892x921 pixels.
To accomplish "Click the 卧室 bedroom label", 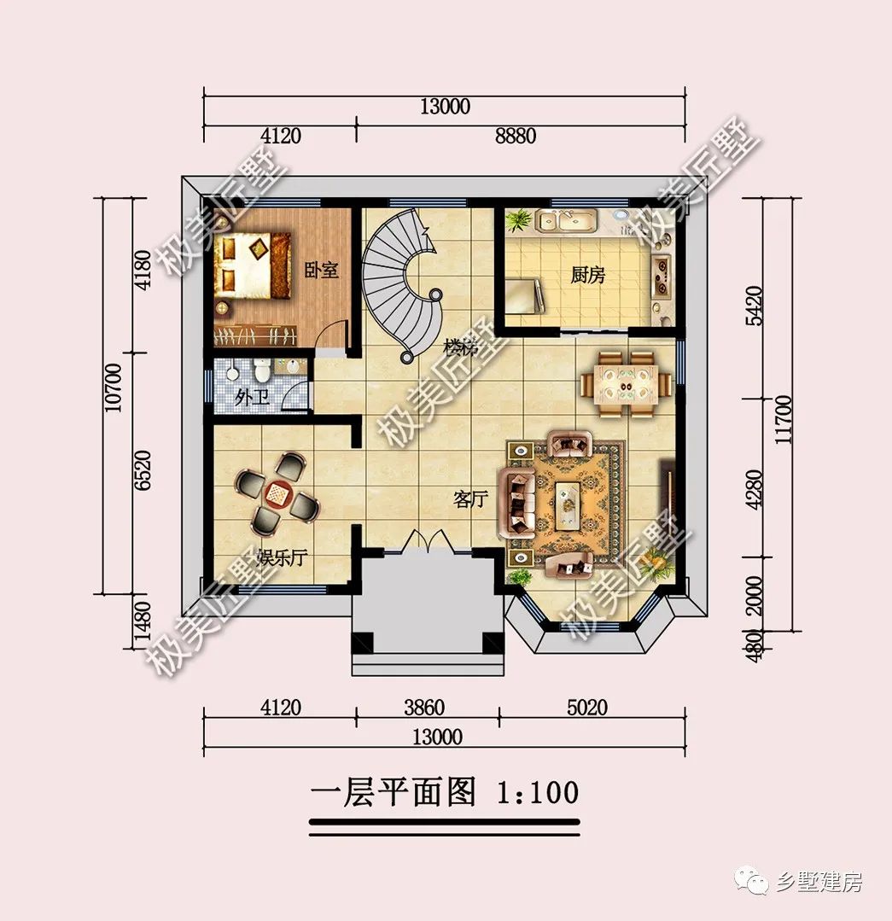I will tap(322, 271).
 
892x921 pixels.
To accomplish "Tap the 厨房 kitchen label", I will tap(588, 275).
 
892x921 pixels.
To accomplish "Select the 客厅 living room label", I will tap(469, 500).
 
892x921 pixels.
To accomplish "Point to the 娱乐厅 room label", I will tap(283, 559).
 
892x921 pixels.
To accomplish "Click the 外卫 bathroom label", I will tap(251, 397).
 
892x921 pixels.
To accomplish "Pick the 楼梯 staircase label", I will tap(460, 348).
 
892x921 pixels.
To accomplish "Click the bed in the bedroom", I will tap(252, 265).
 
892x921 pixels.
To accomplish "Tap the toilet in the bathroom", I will tap(263, 370).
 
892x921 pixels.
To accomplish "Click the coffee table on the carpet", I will tap(567, 499).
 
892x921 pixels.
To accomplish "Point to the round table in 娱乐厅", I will tap(278, 493).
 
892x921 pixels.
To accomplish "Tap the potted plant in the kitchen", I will tap(517, 221).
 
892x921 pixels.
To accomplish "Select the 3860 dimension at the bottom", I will tap(423, 708).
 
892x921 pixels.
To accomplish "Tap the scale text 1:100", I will tap(536, 791).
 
